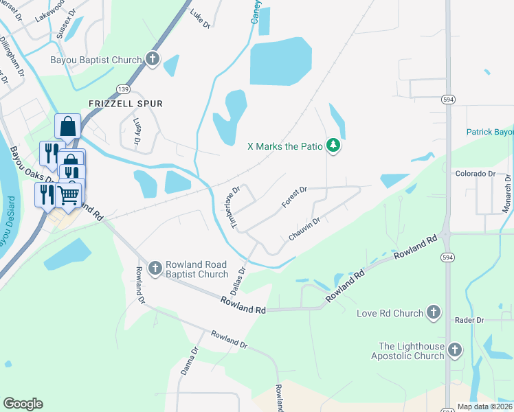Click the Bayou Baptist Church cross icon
[x=153, y=60]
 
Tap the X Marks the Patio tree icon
[x=333, y=146]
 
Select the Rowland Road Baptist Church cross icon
[x=155, y=267]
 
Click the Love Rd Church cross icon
[x=433, y=313]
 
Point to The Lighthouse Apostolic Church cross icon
[x=454, y=351]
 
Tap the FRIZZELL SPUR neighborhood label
[x=126, y=104]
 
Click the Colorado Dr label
[x=476, y=174]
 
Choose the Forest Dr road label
[x=293, y=196]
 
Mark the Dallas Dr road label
[x=238, y=281]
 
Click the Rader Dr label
[x=470, y=320]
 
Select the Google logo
[x=23, y=404]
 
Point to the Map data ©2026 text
[x=484, y=407]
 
